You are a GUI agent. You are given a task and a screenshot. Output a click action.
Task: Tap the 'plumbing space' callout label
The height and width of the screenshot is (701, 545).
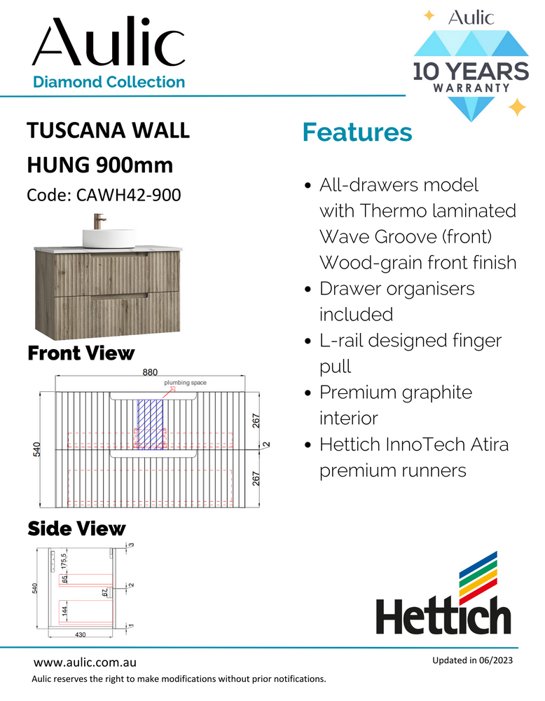(185, 383)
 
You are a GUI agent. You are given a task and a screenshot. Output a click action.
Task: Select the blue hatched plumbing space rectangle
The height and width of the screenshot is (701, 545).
(149, 423)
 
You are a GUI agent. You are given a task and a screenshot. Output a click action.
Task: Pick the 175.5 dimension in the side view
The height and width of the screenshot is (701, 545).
(63, 561)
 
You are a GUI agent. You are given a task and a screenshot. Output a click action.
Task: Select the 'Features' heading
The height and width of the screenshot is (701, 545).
(357, 132)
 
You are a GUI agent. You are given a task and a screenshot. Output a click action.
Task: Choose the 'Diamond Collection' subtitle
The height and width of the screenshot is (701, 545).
(109, 82)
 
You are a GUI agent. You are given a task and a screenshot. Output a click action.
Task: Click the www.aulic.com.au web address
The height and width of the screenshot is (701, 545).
(85, 662)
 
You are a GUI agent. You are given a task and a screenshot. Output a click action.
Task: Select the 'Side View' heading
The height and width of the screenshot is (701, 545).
(76, 528)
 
